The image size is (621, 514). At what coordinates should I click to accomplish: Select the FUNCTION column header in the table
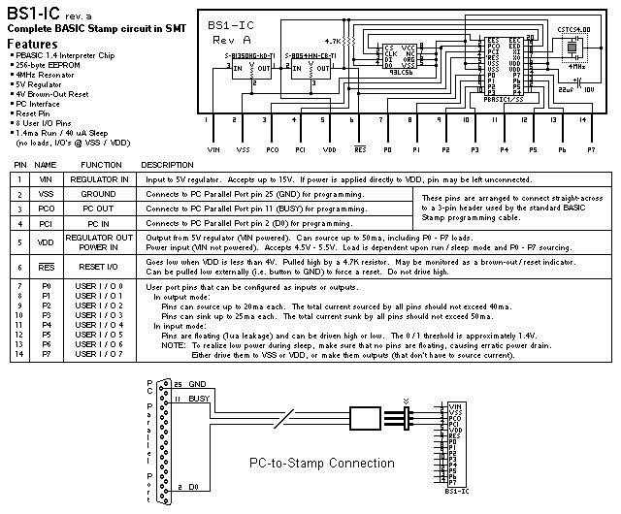point(101,165)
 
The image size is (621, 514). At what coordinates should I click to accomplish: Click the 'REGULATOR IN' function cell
point(101,179)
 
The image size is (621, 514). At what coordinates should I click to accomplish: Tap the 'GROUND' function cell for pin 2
point(101,194)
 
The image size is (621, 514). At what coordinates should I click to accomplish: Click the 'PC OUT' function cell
point(101,209)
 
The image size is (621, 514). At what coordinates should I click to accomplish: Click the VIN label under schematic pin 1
point(214,150)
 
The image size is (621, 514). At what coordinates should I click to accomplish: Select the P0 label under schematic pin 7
point(387,150)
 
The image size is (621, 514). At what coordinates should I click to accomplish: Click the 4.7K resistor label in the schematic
point(333,42)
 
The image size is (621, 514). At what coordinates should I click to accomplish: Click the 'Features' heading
point(31,45)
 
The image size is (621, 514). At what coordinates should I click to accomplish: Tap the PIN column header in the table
point(20,165)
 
